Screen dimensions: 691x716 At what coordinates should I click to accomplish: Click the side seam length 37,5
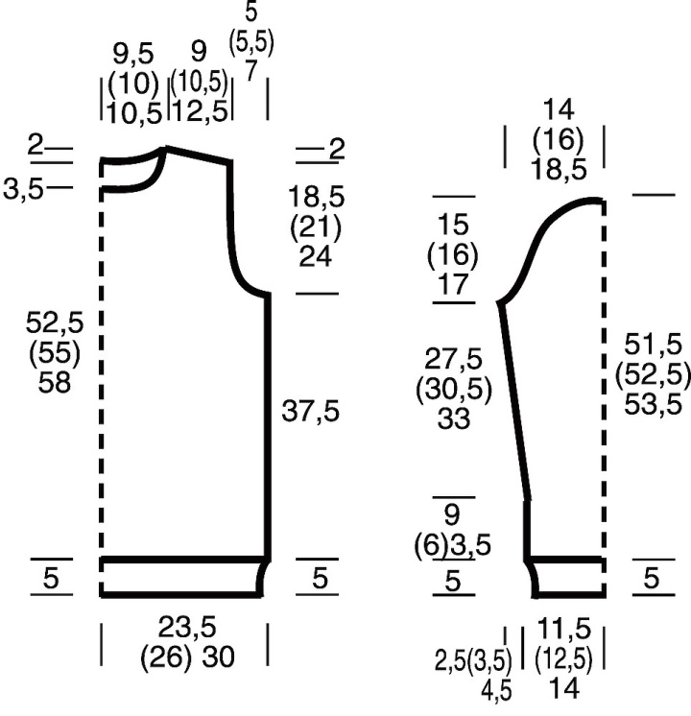[x=311, y=411]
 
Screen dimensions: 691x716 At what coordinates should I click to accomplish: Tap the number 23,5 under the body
[x=187, y=627]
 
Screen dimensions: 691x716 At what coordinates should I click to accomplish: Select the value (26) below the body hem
[x=166, y=657]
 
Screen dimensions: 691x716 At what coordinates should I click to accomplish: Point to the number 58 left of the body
[x=55, y=382]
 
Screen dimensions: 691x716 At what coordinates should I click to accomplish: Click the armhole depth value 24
[x=315, y=256]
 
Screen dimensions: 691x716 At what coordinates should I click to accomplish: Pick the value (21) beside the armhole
[x=316, y=227]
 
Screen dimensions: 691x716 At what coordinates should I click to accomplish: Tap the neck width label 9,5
[x=133, y=54]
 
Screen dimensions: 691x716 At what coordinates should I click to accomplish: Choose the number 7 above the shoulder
[x=251, y=71]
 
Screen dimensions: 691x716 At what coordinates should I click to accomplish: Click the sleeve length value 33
[x=454, y=418]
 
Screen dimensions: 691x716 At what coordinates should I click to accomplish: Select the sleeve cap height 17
[x=454, y=284]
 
